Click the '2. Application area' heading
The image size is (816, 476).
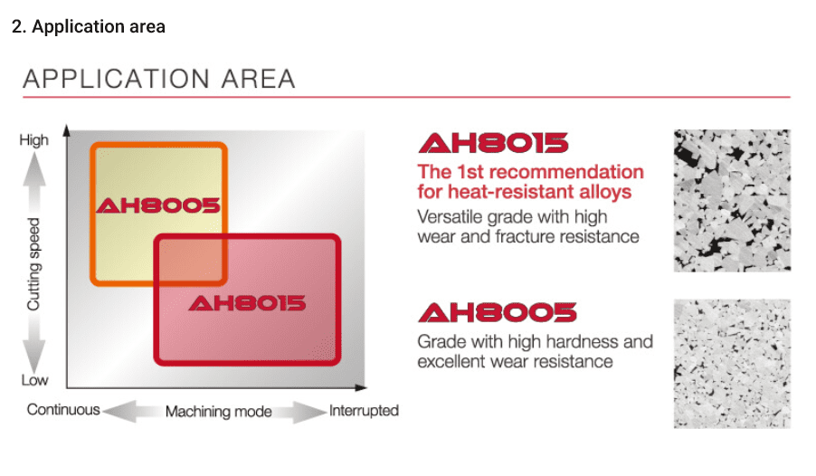(x=89, y=26)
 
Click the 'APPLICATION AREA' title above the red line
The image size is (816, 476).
(x=159, y=79)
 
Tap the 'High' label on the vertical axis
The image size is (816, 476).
(x=33, y=140)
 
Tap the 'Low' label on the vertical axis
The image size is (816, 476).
(x=34, y=380)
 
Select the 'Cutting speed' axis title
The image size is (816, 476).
(x=33, y=264)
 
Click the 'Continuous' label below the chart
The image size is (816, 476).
(x=63, y=409)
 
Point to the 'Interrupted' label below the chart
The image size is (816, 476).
(x=364, y=410)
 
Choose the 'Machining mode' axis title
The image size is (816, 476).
(x=219, y=412)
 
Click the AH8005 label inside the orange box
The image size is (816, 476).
(x=158, y=205)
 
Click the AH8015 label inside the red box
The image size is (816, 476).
(x=247, y=303)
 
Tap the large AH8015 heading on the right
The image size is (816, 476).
(x=493, y=143)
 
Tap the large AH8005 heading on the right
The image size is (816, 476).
(x=498, y=312)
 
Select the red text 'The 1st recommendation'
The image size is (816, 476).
(x=531, y=172)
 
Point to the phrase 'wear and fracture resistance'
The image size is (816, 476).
(x=528, y=236)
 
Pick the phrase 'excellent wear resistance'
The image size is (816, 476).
(x=516, y=361)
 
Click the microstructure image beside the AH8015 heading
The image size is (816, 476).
(x=732, y=201)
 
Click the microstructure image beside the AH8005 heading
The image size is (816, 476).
(x=732, y=364)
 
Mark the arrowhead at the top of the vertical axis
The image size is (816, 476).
(x=67, y=129)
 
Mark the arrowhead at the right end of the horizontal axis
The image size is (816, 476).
(x=361, y=387)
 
